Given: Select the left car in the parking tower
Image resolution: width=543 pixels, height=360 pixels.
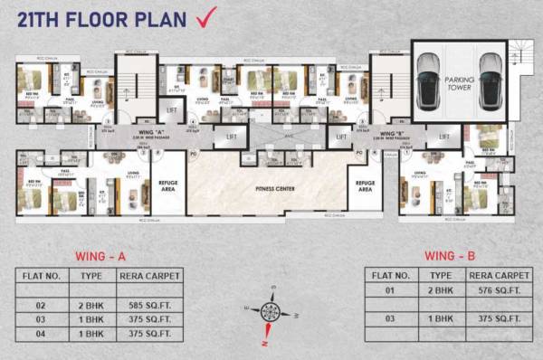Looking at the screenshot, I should point(428,79).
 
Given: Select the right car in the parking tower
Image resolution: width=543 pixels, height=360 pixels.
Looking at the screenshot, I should point(488,79).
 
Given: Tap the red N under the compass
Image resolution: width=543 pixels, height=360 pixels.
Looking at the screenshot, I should point(263,343).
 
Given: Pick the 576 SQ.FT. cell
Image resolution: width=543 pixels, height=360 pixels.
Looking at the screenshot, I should point(498,289).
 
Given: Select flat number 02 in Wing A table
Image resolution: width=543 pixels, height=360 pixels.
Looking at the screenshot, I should point(41,305).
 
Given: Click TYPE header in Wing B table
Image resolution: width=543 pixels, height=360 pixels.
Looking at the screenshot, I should point(441,273).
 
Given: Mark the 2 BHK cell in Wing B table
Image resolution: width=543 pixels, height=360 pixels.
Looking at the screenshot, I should point(441,289).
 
